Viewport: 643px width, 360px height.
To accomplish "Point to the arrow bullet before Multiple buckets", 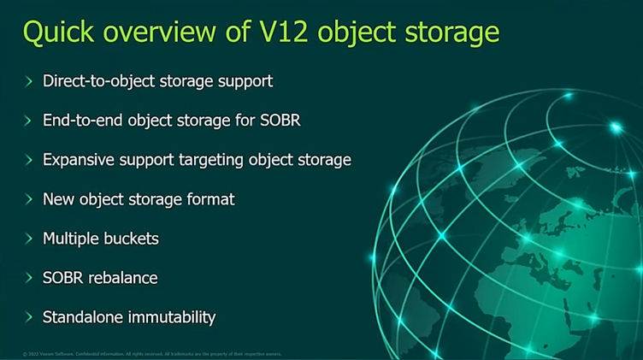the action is pos(28,239).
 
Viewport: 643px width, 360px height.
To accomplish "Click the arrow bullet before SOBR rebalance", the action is pos(28,278).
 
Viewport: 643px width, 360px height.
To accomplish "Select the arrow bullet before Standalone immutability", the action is pos(28,317).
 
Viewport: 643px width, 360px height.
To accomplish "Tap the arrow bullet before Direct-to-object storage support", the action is pos(28,81).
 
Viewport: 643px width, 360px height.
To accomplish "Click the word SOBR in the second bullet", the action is pos(280,121).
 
